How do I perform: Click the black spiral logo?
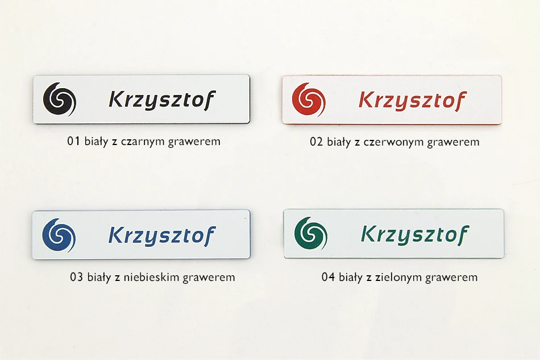pyautogui.click(x=59, y=99)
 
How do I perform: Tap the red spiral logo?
pyautogui.click(x=309, y=100)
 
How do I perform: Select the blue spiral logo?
pyautogui.click(x=59, y=235)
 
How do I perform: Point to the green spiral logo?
pyautogui.click(x=311, y=233)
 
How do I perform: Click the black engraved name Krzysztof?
pyautogui.click(x=162, y=100)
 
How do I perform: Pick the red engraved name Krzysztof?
pyautogui.click(x=413, y=101)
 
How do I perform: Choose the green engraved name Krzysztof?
pyautogui.click(x=415, y=235)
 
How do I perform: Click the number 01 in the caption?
pyautogui.click(x=73, y=141)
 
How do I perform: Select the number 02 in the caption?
pyautogui.click(x=316, y=142)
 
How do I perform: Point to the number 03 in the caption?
pyautogui.click(x=76, y=277)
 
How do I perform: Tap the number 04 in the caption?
pyautogui.click(x=328, y=277)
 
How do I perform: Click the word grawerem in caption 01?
pyautogui.click(x=194, y=142)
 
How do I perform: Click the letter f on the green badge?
pyautogui.click(x=463, y=235)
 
